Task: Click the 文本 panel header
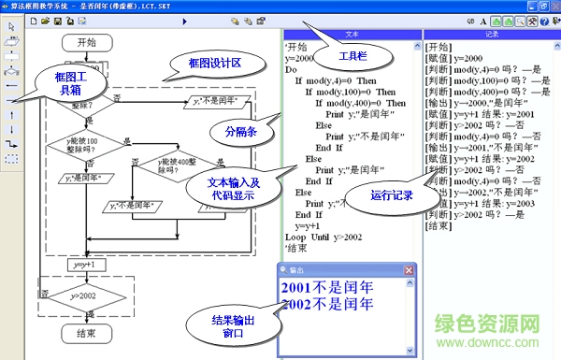(351, 34)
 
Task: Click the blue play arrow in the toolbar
(184, 21)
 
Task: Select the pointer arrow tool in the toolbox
(11, 25)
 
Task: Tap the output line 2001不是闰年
(327, 288)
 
